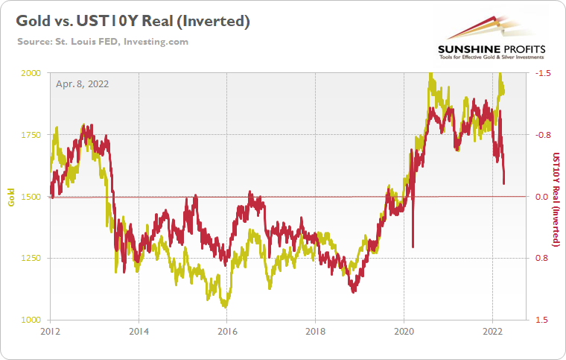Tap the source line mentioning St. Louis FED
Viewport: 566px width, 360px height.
[103, 42]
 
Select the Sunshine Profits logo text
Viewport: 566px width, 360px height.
[492, 50]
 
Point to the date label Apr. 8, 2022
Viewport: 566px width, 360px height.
[83, 83]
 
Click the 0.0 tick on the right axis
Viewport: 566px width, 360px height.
[544, 197]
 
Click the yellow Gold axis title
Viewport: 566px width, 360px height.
[11, 197]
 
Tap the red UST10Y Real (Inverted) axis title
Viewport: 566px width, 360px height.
[556, 197]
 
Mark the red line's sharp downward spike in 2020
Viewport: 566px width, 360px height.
[413, 244]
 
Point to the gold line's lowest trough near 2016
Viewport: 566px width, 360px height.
[223, 304]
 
